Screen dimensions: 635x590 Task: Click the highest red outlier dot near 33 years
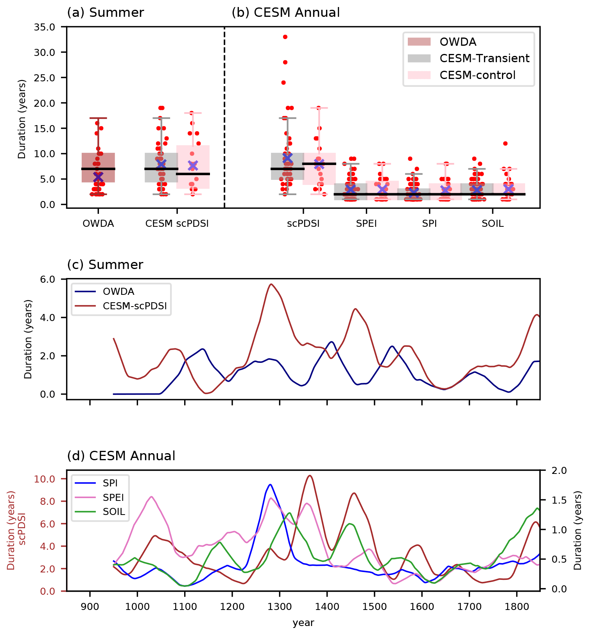(x=285, y=37)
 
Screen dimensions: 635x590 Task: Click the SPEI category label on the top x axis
(x=366, y=224)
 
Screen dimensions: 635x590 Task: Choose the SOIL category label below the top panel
(x=493, y=224)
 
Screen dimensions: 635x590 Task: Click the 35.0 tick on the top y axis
(x=45, y=27)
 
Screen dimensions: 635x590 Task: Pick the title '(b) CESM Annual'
(x=285, y=13)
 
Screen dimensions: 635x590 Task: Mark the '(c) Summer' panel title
(x=105, y=265)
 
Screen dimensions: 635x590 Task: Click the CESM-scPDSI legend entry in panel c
(x=134, y=306)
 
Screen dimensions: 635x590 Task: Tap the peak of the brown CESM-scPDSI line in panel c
(x=271, y=284)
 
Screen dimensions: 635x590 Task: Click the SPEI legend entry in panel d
(x=113, y=497)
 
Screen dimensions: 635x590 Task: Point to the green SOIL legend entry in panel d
(x=114, y=511)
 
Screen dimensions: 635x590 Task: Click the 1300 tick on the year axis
(x=280, y=606)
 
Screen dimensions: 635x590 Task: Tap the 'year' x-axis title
(x=303, y=622)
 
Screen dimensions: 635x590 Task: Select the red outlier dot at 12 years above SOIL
(x=505, y=144)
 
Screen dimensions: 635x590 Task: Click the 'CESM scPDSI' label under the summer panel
(x=177, y=224)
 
